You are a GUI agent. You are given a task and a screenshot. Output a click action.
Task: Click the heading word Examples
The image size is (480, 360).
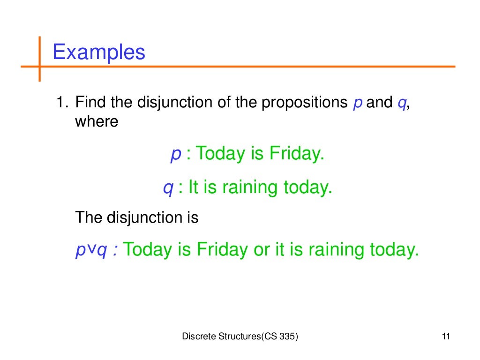[x=99, y=52]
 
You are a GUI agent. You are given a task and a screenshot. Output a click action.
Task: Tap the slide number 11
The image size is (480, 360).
[x=445, y=337]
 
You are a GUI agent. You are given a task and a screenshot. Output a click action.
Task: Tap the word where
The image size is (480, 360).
[x=97, y=121]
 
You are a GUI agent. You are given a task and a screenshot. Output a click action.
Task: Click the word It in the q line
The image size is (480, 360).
[x=193, y=187]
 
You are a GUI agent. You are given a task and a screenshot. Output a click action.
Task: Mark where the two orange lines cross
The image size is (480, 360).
[x=39, y=67]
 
